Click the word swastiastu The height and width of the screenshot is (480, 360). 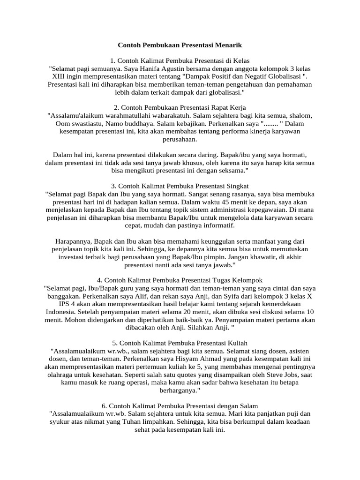(82, 123)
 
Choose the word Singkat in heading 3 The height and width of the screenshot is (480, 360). (235, 186)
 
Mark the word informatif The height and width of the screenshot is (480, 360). (216, 225)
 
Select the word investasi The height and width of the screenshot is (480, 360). (74, 257)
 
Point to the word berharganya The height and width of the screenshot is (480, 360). (180, 390)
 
